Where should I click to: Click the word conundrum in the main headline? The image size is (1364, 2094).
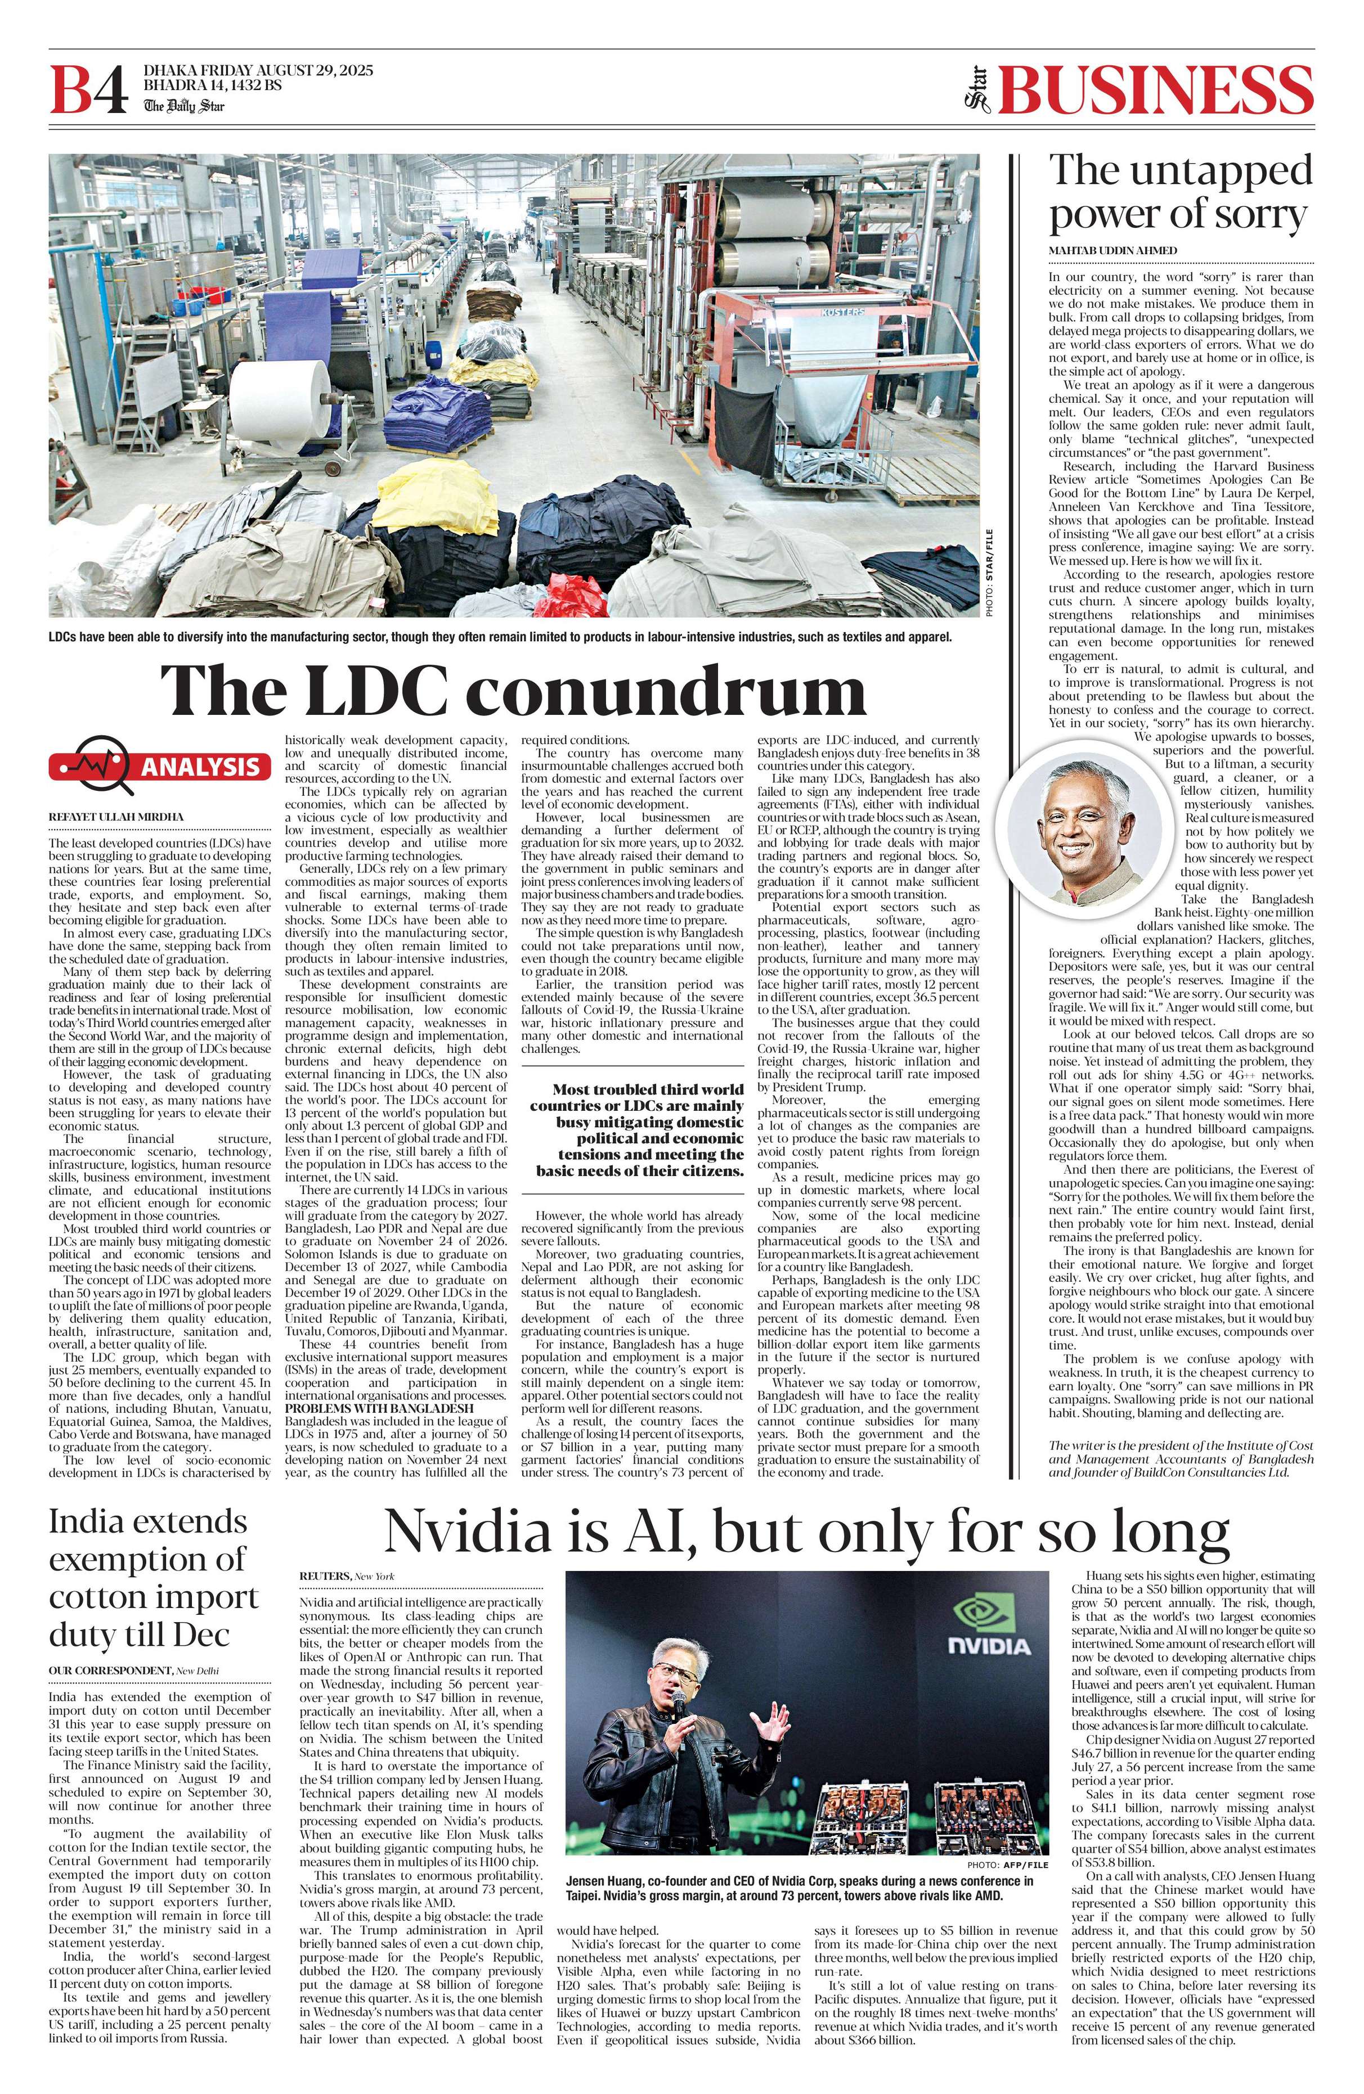[x=672, y=690]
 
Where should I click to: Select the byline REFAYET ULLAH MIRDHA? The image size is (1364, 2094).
[x=116, y=817]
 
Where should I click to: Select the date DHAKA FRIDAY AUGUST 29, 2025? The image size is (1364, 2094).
[x=258, y=70]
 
